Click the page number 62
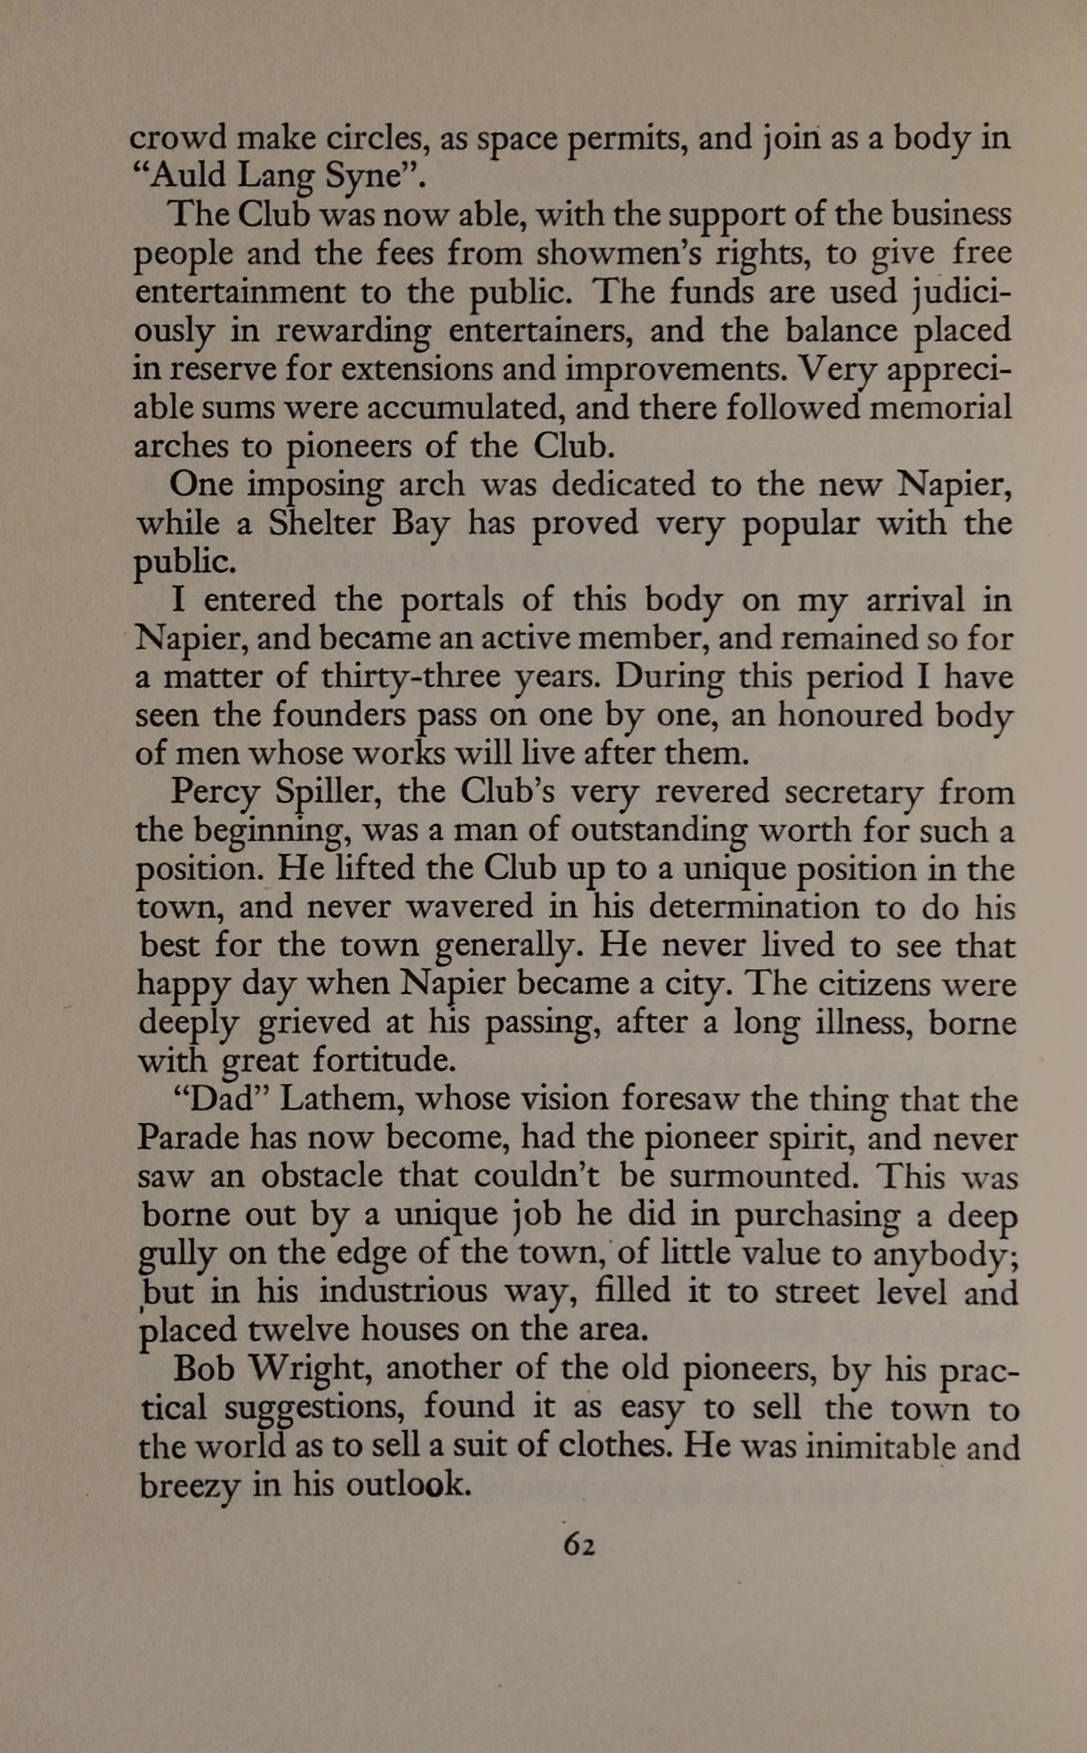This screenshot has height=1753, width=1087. (x=579, y=1546)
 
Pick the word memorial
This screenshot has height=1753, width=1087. (x=941, y=408)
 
